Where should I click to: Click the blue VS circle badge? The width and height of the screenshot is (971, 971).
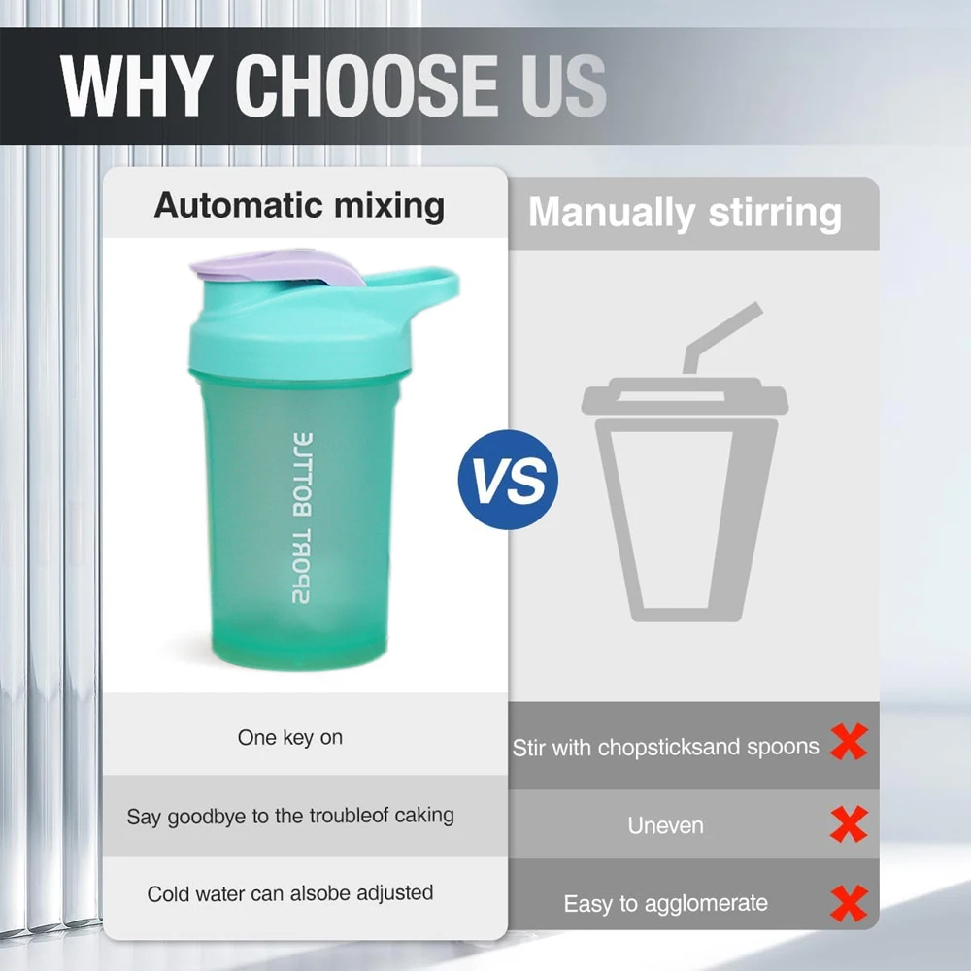pyautogui.click(x=508, y=480)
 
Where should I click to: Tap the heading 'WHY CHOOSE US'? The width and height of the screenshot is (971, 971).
pyautogui.click(x=333, y=86)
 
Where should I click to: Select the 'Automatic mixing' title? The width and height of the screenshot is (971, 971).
pyautogui.click(x=299, y=206)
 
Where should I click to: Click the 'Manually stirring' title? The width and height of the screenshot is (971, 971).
pyautogui.click(x=685, y=213)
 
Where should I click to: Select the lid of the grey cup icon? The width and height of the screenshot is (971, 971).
pyautogui.click(x=684, y=399)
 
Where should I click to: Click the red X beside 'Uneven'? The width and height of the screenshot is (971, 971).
pyautogui.click(x=849, y=825)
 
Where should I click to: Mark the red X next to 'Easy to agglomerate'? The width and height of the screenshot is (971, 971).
pyautogui.click(x=849, y=903)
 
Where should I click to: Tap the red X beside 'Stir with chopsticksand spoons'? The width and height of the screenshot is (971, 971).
pyautogui.click(x=849, y=745)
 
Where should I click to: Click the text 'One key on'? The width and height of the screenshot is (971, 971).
pyautogui.click(x=290, y=738)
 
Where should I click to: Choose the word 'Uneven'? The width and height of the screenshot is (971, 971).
pyautogui.click(x=665, y=826)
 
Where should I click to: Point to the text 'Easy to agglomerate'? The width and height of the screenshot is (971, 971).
pyautogui.click(x=665, y=904)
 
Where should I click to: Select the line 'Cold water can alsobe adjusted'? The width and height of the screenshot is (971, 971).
pyautogui.click(x=290, y=893)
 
